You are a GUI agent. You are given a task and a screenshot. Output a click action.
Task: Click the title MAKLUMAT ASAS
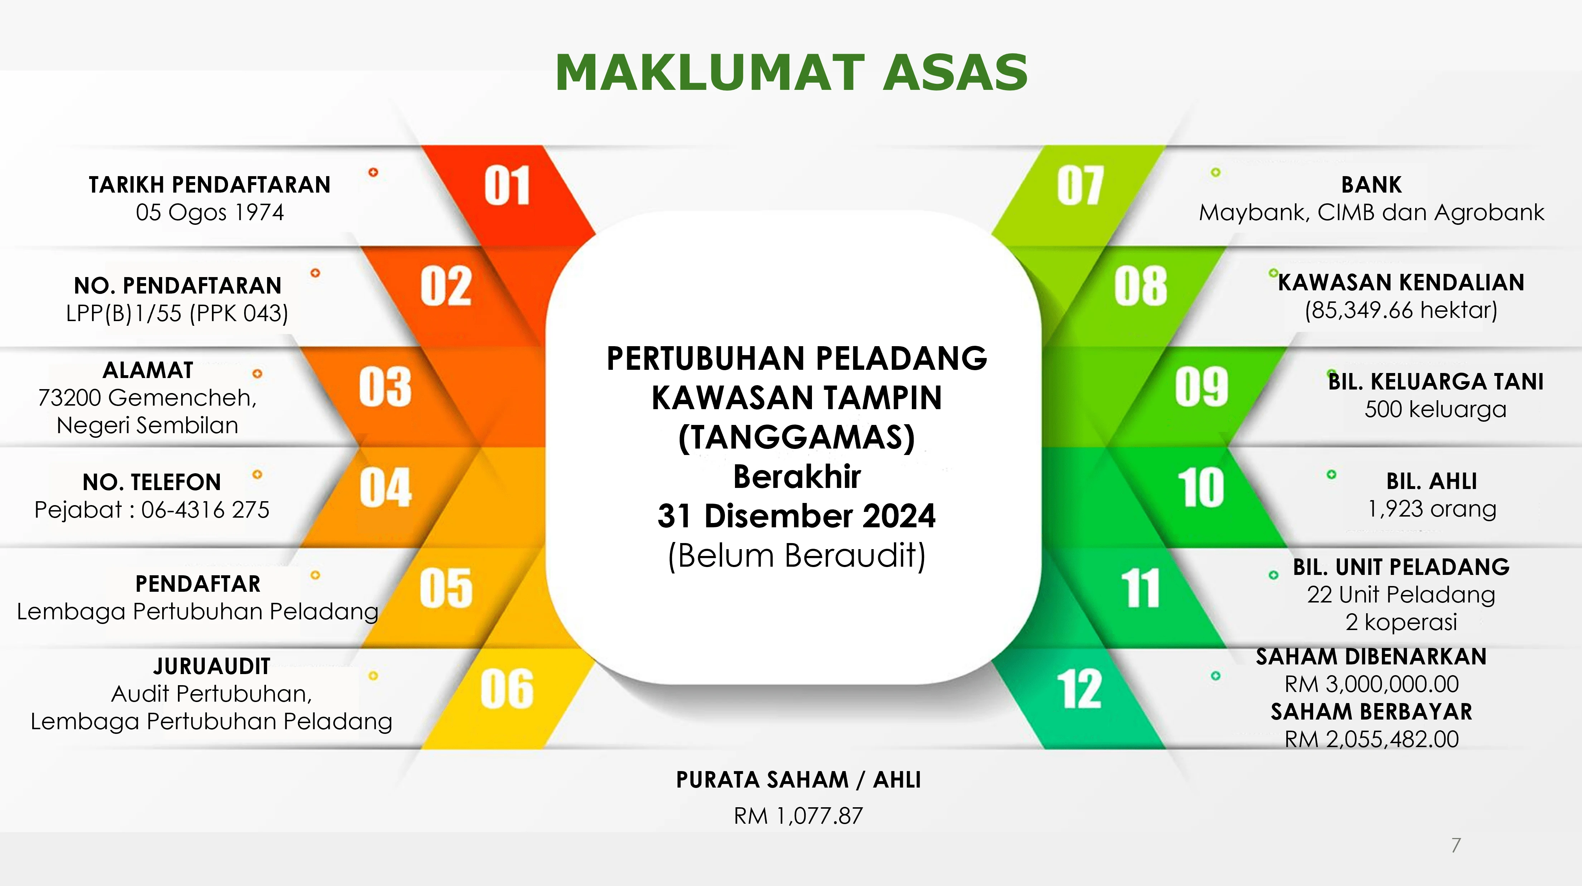791,72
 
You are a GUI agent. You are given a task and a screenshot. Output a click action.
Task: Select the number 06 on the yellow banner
507,689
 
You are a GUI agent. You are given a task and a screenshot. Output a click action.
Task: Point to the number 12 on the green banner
1079,689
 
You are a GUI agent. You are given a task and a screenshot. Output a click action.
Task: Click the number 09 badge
1201,387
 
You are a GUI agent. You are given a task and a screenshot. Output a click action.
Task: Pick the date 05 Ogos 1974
210,212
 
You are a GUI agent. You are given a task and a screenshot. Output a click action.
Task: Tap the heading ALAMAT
148,370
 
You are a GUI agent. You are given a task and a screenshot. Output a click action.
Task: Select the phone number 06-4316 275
205,510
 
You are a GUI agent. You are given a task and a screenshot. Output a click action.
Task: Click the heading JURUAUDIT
212,666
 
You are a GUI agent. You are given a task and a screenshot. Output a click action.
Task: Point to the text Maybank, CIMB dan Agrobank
1371,212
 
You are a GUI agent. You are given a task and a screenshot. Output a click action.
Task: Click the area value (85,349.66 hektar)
1401,310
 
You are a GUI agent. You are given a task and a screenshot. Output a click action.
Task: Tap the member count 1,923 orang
1432,509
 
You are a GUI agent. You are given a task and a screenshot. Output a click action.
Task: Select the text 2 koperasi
1401,622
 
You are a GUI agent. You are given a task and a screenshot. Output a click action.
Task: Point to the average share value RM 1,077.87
798,816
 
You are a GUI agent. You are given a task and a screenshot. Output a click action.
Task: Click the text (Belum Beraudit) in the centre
797,556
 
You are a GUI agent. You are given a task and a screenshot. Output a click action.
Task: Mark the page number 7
1456,846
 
